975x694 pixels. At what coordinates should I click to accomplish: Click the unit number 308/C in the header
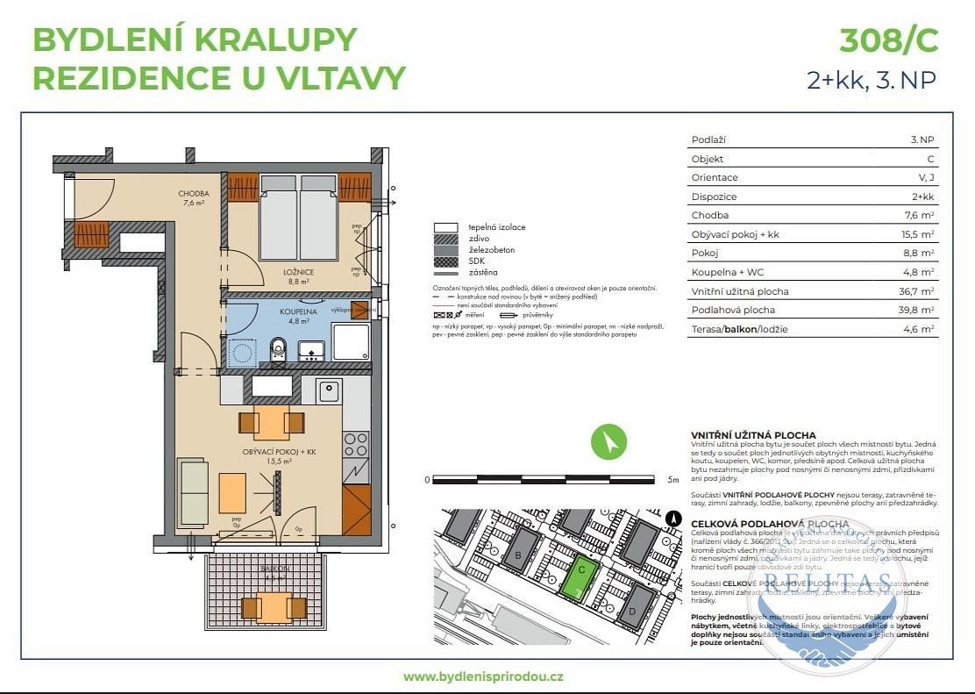[888, 41]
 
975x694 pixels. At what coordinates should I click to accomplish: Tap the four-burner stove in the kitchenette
[355, 444]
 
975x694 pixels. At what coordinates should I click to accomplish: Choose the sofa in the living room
[193, 491]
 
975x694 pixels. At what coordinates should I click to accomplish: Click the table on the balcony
[274, 605]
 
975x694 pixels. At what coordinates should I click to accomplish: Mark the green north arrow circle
[608, 441]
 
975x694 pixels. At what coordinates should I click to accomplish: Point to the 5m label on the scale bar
[673, 481]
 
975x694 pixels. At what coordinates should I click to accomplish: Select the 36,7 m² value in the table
[922, 291]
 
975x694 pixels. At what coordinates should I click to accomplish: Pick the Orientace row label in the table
[715, 177]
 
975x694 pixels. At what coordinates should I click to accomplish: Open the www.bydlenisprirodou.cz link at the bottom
[483, 676]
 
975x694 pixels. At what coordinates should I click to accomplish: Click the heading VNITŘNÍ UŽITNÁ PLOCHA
[753, 435]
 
